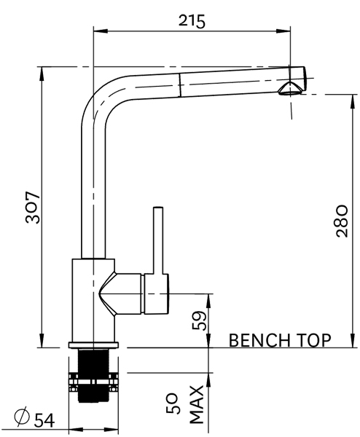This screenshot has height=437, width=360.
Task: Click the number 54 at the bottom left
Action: [x=44, y=419]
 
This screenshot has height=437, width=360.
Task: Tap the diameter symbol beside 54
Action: [x=22, y=417]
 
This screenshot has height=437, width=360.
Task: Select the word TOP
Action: [x=314, y=340]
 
